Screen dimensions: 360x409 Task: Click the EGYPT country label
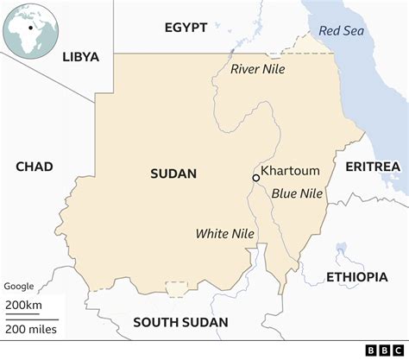tap(186, 28)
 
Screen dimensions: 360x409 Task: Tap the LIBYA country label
tap(81, 57)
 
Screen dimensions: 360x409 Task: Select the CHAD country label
tap(34, 167)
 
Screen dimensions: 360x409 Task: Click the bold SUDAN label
tap(173, 174)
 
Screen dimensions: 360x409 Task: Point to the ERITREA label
tap(372, 166)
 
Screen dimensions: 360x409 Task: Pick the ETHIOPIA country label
tap(356, 276)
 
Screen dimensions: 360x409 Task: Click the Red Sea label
tap(342, 30)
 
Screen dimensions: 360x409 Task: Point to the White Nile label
tap(223, 233)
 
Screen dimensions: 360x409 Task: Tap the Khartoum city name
tap(290, 170)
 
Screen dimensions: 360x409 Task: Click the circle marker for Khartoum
tap(255, 177)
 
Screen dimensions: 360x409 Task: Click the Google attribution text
tap(19, 286)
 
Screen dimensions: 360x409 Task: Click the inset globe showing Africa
tap(30, 31)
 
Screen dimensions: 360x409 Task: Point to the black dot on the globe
tap(32, 27)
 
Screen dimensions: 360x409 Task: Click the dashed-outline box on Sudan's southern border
tap(177, 289)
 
